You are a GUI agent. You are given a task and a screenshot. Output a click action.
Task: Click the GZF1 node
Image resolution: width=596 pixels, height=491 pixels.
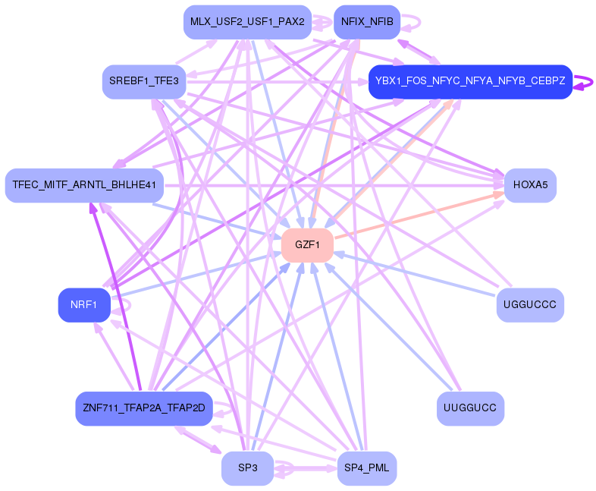tap(308, 245)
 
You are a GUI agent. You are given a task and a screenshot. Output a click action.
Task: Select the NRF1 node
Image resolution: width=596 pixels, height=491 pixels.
tap(83, 305)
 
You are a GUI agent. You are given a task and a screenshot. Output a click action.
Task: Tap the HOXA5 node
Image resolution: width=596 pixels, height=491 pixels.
tap(530, 185)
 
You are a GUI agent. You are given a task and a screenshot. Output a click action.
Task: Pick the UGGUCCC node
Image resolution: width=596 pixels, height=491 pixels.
tap(530, 305)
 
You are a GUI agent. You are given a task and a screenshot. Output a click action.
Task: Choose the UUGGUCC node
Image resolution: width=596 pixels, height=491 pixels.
tap(470, 409)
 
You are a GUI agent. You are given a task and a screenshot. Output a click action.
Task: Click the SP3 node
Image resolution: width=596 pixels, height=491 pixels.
tap(247, 468)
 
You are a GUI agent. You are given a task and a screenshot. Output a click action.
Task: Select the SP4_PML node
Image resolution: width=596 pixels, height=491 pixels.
tap(366, 468)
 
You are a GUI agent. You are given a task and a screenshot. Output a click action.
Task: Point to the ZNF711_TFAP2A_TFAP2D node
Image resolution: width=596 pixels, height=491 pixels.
tap(143, 409)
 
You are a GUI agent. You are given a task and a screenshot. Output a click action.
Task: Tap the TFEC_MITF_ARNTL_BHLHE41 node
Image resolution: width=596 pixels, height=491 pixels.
tap(84, 185)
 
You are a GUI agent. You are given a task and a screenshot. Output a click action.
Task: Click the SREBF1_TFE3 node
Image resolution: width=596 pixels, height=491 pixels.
tap(143, 81)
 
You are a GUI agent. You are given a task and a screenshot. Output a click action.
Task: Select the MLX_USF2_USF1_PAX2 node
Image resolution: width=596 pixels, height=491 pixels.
tap(247, 22)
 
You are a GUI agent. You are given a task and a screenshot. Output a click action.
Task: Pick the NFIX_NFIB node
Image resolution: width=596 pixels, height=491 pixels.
tap(367, 22)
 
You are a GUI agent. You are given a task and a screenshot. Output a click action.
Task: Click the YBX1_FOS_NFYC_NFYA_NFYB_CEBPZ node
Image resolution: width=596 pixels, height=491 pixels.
tap(470, 81)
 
